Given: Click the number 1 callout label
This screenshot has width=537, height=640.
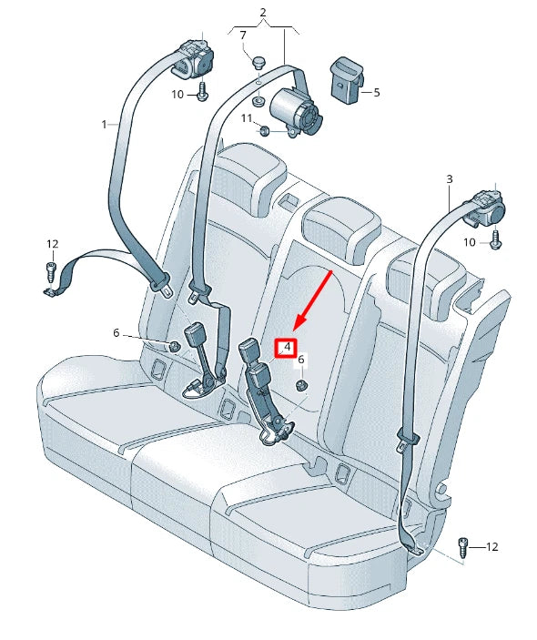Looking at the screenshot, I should (105, 123).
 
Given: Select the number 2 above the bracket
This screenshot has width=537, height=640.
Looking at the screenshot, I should (263, 13).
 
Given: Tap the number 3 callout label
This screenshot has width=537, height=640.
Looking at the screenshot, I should (449, 180).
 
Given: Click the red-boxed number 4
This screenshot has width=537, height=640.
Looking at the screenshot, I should (287, 347).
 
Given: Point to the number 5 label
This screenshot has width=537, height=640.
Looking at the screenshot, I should (377, 92).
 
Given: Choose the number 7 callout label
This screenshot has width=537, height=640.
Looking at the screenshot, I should (243, 36).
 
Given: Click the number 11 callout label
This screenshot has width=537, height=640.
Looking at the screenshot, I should (246, 119).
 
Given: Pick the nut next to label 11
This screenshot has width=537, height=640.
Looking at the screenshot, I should (265, 130).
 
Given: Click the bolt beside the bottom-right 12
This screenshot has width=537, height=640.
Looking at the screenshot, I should (463, 546).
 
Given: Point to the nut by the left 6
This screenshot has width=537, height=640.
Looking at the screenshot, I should (172, 346).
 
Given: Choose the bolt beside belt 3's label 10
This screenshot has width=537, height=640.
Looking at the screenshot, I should (497, 240).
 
